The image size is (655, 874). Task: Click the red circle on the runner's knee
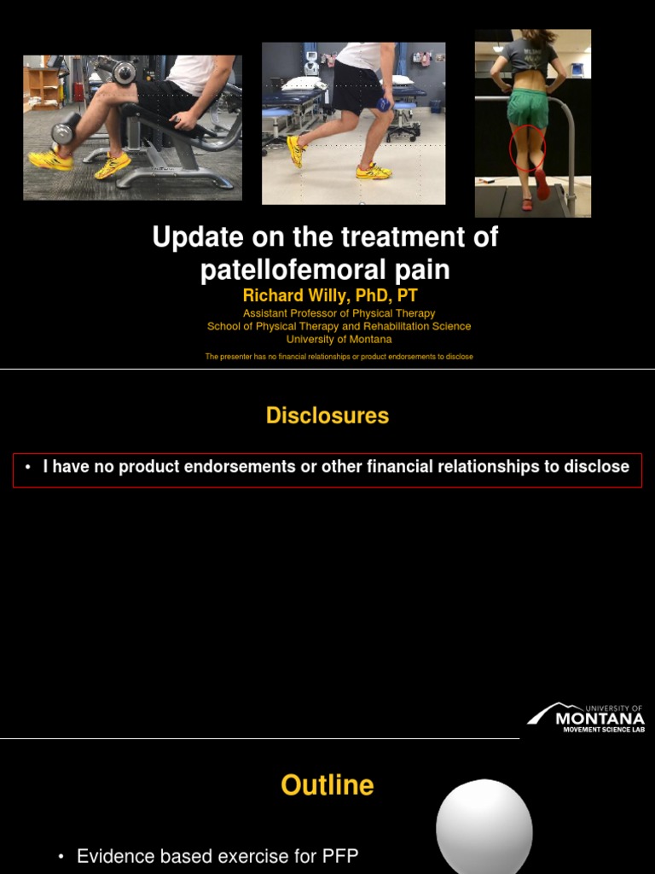coord(527,149)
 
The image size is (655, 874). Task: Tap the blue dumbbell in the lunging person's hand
coord(385,104)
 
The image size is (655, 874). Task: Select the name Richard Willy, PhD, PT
coord(330,295)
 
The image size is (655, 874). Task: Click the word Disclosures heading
coord(327,416)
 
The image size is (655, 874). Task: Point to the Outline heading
coord(327,785)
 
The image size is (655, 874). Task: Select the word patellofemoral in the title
coord(284,270)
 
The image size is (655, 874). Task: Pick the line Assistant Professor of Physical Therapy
coord(339,313)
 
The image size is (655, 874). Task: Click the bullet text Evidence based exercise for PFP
coord(217,856)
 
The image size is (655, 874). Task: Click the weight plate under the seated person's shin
coord(64,133)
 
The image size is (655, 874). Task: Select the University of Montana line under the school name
coord(339,339)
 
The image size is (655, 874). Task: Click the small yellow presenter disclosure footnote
coord(339,357)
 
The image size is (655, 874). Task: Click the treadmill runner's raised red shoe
coord(542,184)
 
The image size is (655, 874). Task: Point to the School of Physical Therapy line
coord(339,326)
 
